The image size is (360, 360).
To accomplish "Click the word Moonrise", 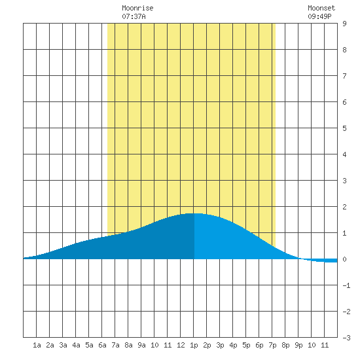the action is pos(137,8).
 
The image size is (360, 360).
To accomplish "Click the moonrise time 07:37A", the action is pos(134,16).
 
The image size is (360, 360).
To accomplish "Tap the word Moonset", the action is pos(321,8).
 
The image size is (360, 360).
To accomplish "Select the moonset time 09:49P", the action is pos(319,16).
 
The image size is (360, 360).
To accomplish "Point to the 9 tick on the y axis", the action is pos(344,24).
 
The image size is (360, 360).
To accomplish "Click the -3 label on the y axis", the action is pos(346,338).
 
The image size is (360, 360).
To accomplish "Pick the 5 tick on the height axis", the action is pos(344,128).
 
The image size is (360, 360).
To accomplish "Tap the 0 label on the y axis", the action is pos(344,259).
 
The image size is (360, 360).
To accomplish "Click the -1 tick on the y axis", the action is pos(346,285).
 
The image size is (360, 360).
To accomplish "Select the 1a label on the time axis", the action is pos(37,345).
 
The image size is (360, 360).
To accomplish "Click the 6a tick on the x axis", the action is pos(102,345).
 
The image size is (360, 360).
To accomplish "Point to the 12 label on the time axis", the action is pos(181,345).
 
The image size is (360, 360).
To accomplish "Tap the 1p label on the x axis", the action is pos(194,346).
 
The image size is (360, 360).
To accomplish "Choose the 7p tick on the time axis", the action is pos(272,346).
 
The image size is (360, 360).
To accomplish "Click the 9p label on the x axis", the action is pos(298,346).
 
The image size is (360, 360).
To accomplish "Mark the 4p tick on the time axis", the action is pos(233,346).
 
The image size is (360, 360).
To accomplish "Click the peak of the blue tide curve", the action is pos(194,213).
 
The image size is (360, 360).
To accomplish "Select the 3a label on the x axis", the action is pos(63,345).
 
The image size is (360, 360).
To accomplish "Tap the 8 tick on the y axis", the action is pos(344,50).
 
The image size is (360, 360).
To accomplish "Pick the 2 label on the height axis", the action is pos(344,207).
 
